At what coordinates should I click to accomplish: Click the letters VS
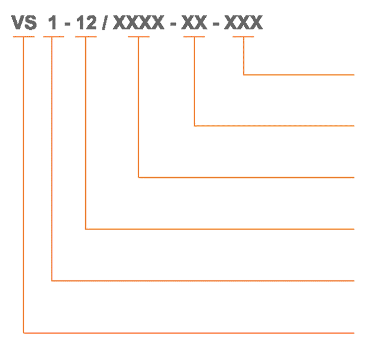coord(24,22)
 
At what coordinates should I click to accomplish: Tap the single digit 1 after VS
coord(53,22)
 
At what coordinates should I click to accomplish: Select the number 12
coord(86,22)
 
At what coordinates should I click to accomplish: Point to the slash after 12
coord(104,22)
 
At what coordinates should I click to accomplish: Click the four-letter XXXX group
coord(139,22)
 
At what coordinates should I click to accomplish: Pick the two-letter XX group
coord(194,22)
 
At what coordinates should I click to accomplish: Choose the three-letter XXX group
coord(243,22)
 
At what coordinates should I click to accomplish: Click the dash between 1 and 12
coord(67,24)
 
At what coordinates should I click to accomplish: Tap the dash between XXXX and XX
coord(173,24)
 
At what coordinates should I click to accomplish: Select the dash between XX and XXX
coord(216,24)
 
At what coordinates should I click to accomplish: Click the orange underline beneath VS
coord(24,37)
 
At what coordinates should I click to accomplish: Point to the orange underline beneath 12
coord(86,37)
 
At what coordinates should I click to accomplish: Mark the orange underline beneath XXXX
coord(139,37)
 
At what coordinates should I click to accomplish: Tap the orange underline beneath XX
coord(194,37)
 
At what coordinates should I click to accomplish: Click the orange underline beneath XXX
coord(243,37)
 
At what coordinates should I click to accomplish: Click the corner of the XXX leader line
coord(243,75)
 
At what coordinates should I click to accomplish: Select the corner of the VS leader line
coord(24,333)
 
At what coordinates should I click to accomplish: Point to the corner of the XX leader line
coord(195,126)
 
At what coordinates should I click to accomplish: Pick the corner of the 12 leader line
coord(86,229)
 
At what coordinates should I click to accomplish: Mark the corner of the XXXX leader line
coord(139,177)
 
